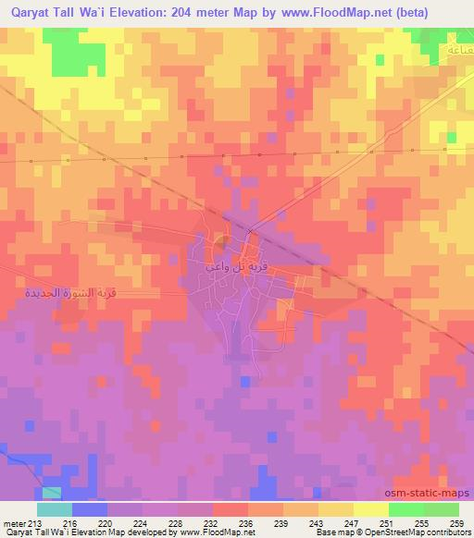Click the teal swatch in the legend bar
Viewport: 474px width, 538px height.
tap(55, 509)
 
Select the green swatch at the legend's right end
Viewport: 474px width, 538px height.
tap(442, 509)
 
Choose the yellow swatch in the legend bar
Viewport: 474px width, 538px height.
tap(371, 509)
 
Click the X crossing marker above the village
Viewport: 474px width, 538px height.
tap(250, 231)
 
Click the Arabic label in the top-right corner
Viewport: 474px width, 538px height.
tap(455, 48)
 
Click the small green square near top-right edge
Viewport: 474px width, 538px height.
tap(452, 137)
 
